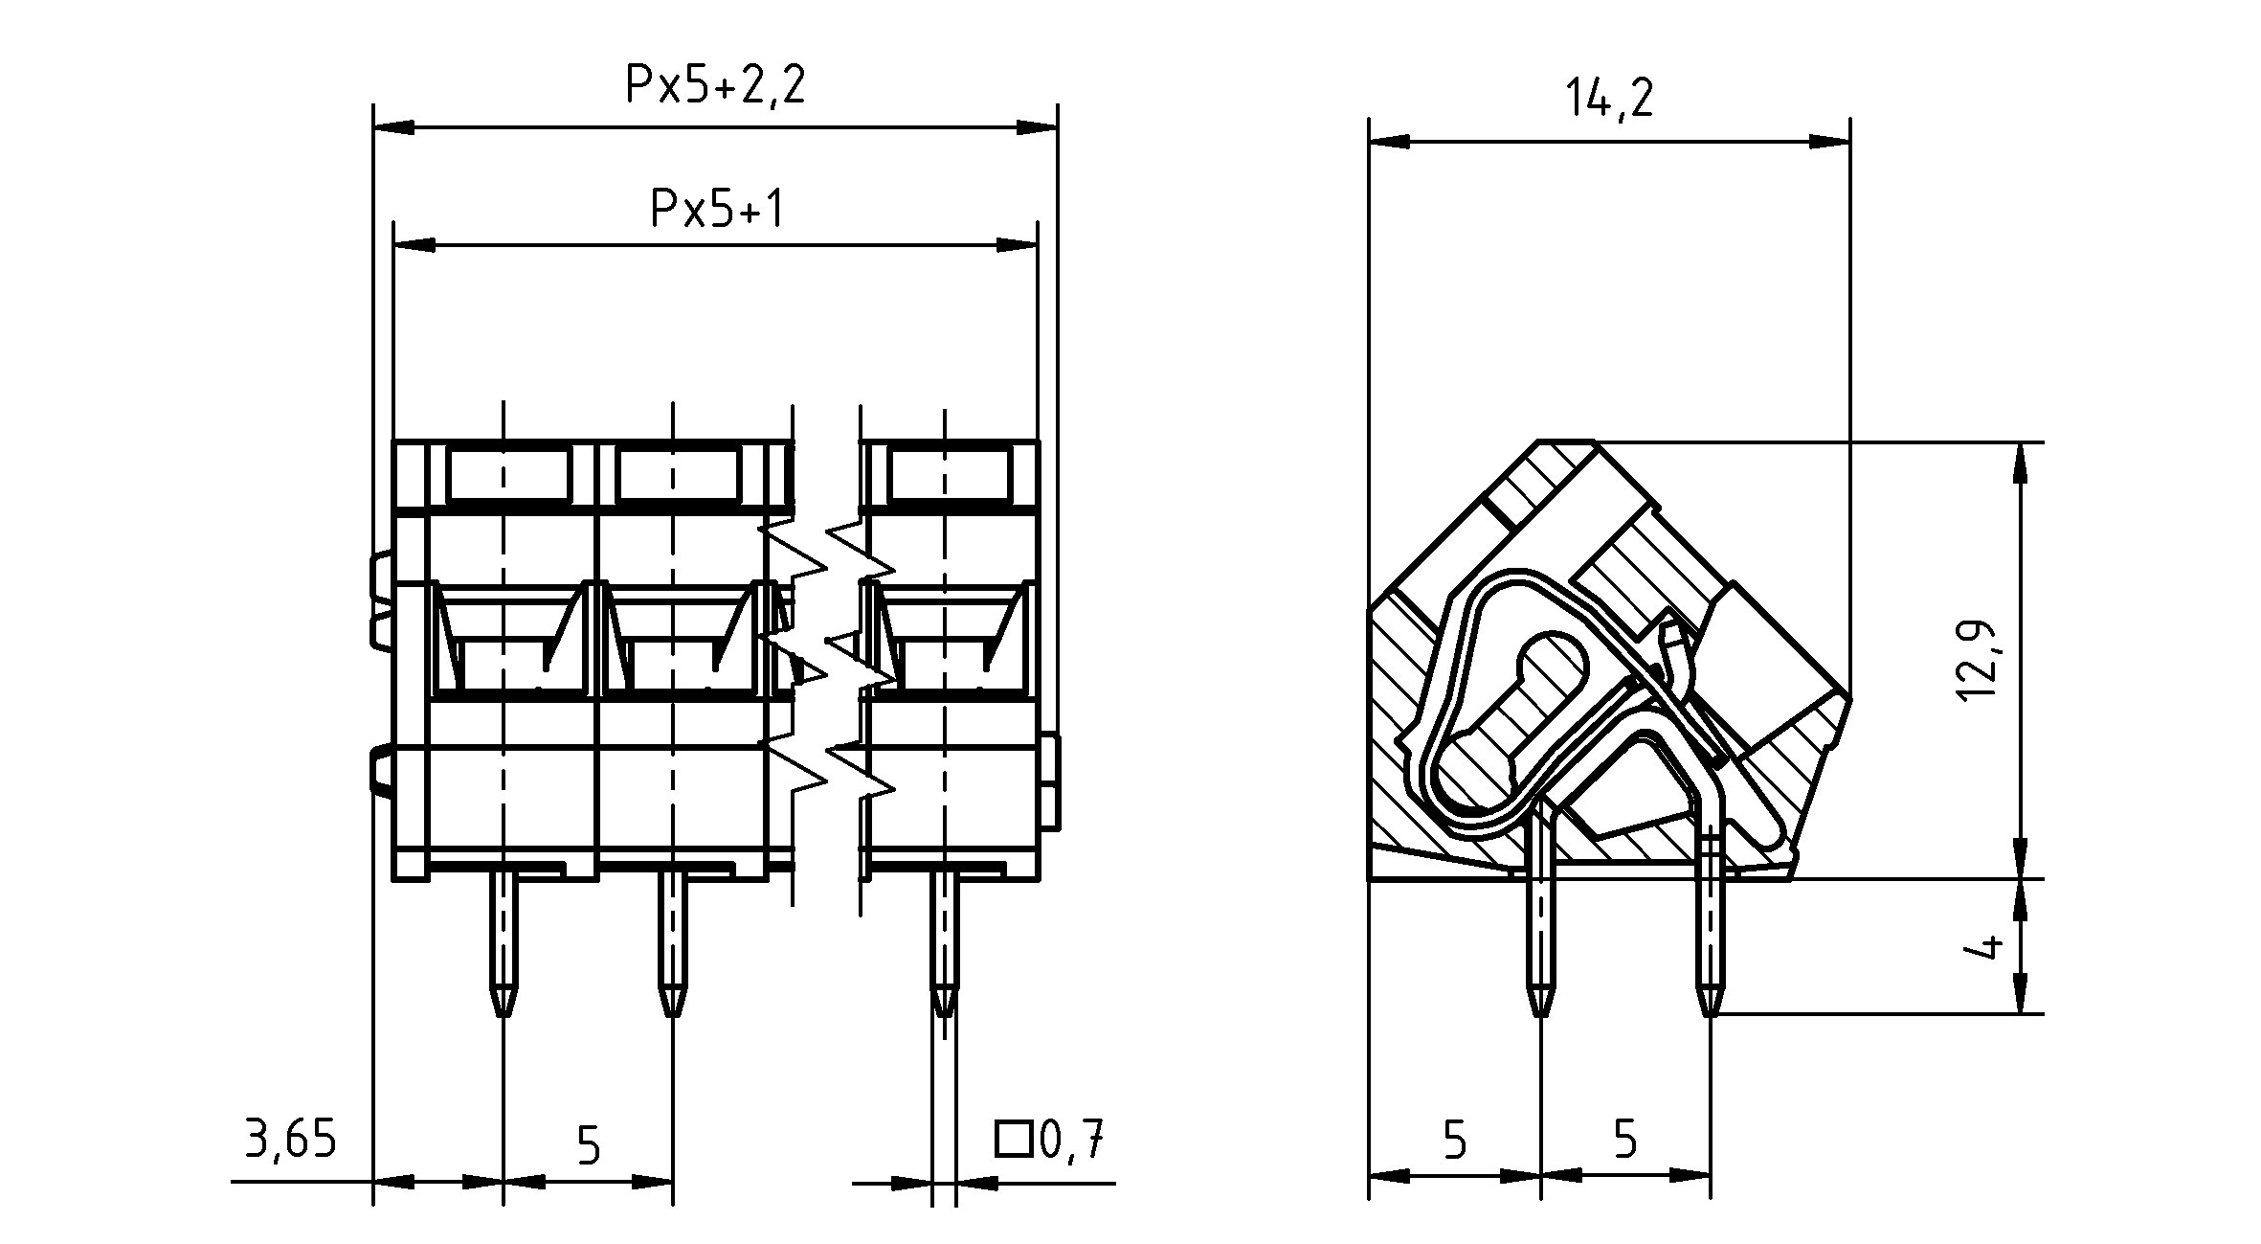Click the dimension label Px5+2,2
click(x=715, y=84)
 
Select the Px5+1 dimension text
click(x=716, y=208)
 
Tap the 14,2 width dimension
click(x=1609, y=99)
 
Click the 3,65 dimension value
click(x=291, y=1140)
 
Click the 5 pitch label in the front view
click(x=589, y=1144)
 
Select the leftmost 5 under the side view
click(x=1454, y=1140)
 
